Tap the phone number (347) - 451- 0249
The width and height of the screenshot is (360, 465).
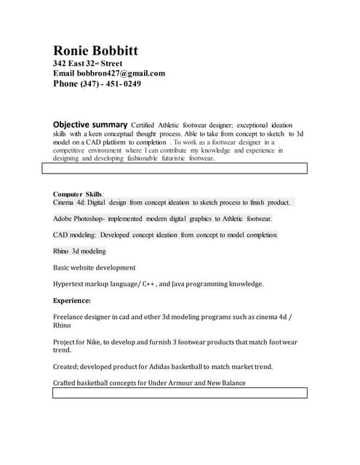click(111, 84)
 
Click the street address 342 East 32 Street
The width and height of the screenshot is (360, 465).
click(87, 64)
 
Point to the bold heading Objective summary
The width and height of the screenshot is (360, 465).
click(90, 125)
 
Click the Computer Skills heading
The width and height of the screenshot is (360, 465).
click(78, 194)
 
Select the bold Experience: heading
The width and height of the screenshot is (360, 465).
click(72, 300)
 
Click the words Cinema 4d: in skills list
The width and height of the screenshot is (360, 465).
click(69, 203)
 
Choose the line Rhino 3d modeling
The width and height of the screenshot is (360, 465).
click(79, 251)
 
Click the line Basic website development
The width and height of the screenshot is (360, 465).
click(95, 267)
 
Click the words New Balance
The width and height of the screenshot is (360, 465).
click(226, 383)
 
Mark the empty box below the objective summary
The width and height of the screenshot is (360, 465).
click(175, 169)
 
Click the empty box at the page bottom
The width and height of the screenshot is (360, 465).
click(175, 393)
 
